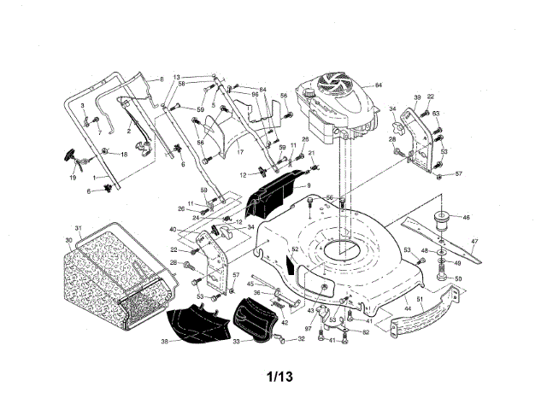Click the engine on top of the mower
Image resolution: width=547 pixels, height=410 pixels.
pos(333,107)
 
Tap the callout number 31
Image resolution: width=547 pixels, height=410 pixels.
pos(78,228)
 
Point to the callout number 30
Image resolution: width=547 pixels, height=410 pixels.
pos(68,240)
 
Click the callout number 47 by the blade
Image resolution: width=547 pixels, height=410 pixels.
pos(475,242)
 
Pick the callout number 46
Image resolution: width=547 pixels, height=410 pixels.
pos(466,218)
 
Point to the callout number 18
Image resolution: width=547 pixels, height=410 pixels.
pos(124,154)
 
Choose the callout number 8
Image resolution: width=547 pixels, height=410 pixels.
pos(158,79)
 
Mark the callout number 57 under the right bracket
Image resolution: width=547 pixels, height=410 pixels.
pos(458,173)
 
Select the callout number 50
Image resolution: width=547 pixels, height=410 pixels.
pos(458,278)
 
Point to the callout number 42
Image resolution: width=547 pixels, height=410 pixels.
pos(284,323)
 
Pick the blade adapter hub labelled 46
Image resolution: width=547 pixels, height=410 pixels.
pos(443,220)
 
